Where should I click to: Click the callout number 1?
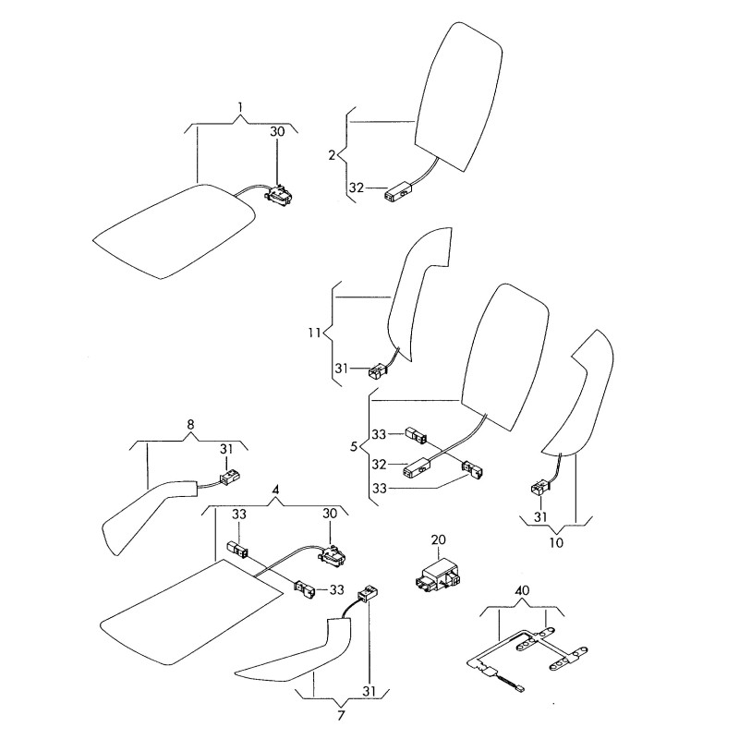[x=240, y=109]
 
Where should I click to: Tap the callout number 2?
[x=332, y=154]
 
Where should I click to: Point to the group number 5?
[x=354, y=446]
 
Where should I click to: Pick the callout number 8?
[x=191, y=425]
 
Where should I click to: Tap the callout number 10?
[x=555, y=542]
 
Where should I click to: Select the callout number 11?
[x=314, y=332]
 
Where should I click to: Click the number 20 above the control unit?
[x=438, y=539]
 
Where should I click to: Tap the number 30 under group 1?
[x=277, y=132]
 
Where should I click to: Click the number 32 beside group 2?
[x=356, y=189]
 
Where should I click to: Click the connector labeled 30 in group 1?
[x=278, y=194]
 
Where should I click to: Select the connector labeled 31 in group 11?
[x=376, y=373]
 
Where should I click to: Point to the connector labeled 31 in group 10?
[x=537, y=489]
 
